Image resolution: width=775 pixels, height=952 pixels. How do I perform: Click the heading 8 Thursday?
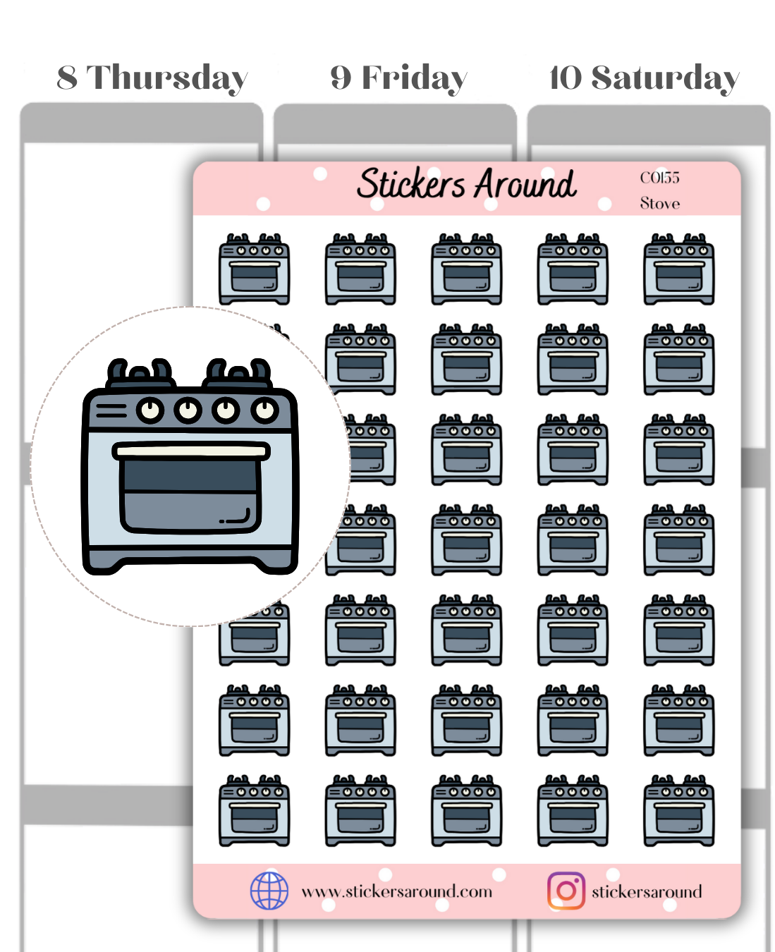[152, 78]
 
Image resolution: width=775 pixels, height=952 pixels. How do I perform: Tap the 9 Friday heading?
[398, 78]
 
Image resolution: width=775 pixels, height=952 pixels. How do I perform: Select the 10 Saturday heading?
[644, 78]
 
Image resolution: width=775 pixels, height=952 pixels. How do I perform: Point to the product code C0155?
[659, 178]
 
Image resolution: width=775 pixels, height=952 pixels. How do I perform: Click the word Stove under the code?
[659, 204]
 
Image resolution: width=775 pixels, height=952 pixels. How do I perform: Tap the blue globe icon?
[269, 891]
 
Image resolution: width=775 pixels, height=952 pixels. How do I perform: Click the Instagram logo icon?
[566, 891]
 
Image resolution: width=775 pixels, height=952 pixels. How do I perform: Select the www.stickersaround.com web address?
[396, 891]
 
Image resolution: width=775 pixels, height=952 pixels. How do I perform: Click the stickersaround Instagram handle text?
[647, 892]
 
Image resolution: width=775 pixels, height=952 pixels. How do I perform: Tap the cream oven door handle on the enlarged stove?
[191, 451]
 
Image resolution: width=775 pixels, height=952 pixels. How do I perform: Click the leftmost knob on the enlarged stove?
[150, 410]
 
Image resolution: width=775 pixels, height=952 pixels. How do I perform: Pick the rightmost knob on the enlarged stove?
[264, 410]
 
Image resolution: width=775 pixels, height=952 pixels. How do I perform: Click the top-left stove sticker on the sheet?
[255, 269]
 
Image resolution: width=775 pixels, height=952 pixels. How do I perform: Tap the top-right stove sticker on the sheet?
[679, 269]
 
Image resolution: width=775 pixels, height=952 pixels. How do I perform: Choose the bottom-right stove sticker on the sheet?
[679, 811]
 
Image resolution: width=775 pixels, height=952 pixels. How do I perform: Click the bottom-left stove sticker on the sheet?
[255, 811]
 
